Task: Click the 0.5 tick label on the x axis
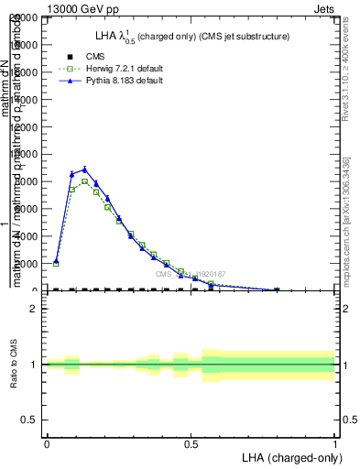[x=191, y=444]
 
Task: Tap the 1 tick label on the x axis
[x=335, y=444]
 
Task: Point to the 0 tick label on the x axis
[x=47, y=444]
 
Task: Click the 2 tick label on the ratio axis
[x=34, y=310]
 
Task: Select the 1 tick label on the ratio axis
[x=34, y=365]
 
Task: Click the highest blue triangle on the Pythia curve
[x=84, y=169]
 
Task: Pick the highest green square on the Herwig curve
[x=84, y=181]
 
